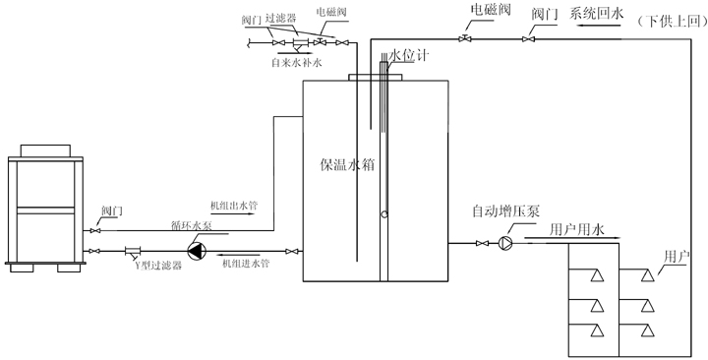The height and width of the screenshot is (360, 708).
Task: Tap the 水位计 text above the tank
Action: [x=406, y=58]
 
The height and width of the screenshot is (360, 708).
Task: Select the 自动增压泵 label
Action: [x=502, y=210]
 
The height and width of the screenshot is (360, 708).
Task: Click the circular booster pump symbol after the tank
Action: [x=504, y=242]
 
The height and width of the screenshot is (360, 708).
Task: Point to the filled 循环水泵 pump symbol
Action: [x=198, y=251]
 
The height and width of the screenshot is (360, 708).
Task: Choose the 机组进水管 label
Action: [x=245, y=264]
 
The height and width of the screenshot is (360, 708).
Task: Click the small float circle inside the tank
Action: [x=383, y=214]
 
